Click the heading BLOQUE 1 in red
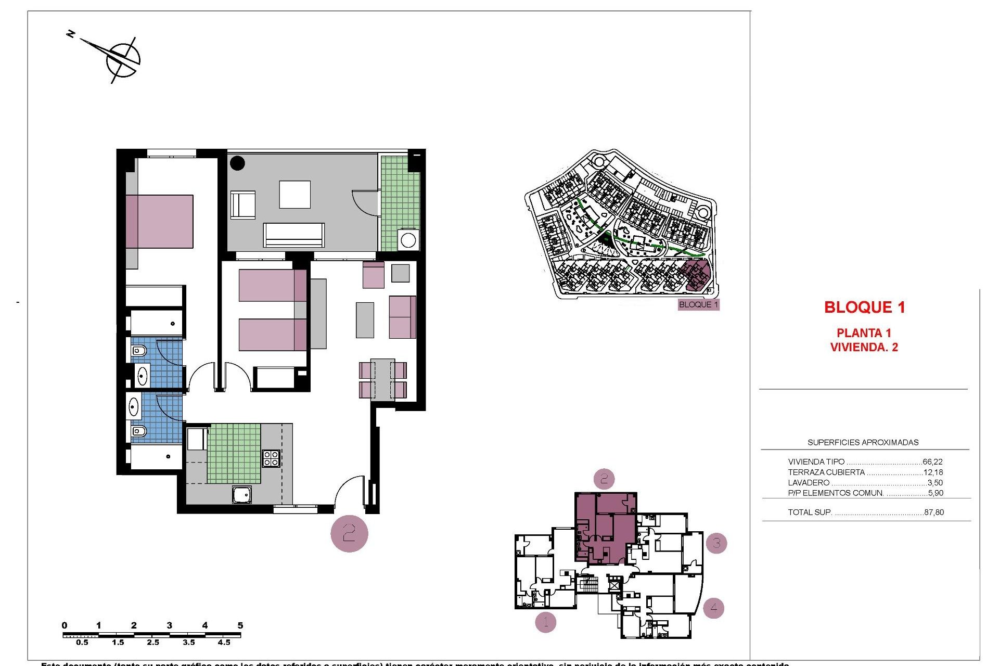pyautogui.click(x=864, y=308)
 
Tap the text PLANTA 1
pyautogui.click(x=864, y=333)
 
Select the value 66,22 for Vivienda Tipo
pyautogui.click(x=932, y=462)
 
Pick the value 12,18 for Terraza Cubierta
pyautogui.click(x=933, y=472)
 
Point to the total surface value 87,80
pyautogui.click(x=934, y=512)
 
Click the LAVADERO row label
pyautogui.click(x=809, y=483)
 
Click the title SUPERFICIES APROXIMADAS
pyautogui.click(x=863, y=442)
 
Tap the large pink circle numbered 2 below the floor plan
pyautogui.click(x=349, y=533)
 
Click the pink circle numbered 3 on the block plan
pyautogui.click(x=716, y=543)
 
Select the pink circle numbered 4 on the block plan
pyautogui.click(x=713, y=607)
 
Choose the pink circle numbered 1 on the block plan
pyautogui.click(x=545, y=621)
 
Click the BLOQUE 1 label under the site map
pyautogui.click(x=698, y=304)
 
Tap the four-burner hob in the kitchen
pyautogui.click(x=271, y=458)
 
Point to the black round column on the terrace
pyautogui.click(x=237, y=163)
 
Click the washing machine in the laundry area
pyautogui.click(x=408, y=240)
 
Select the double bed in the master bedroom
pyautogui.click(x=159, y=222)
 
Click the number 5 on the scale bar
pyautogui.click(x=240, y=625)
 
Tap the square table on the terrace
pyautogui.click(x=294, y=195)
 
